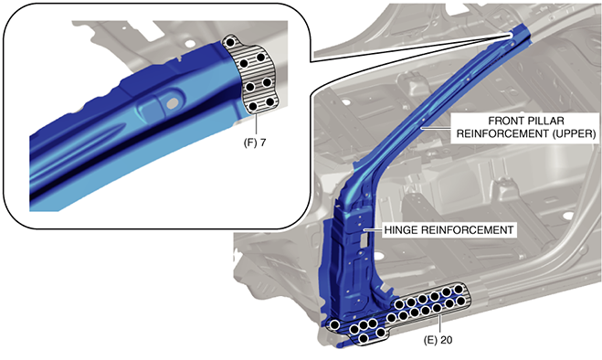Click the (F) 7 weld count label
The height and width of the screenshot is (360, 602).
coord(255,143)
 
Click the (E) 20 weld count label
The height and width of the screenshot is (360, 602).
coord(438,340)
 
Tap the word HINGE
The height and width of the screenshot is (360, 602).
coord(401,230)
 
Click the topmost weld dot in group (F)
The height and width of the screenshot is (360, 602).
coord(230,42)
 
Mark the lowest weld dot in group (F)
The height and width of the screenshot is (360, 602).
coord(253,106)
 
